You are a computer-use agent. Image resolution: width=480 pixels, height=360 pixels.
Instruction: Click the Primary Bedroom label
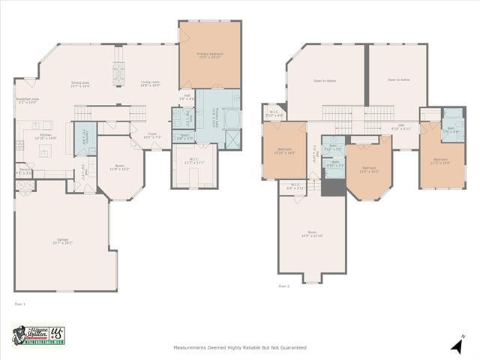pos(209,55)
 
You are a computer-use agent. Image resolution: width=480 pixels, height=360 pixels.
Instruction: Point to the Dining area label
pos(80,84)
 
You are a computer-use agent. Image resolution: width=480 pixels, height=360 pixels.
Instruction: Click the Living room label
pos(150,84)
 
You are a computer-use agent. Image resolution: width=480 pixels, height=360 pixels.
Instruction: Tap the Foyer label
pos(152,136)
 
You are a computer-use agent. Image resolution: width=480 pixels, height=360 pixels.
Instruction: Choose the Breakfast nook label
pos(27,100)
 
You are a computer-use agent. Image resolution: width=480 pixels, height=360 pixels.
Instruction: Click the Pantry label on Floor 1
pos(22,171)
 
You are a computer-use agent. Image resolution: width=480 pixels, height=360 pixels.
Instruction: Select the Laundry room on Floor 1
pos(84,138)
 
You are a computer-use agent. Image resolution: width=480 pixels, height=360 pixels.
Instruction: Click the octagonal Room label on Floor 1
pos(119,168)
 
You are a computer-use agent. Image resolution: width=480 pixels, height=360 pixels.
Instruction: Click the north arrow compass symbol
pos(457,345)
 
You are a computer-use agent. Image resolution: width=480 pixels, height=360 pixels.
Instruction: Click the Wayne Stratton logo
pos(38,335)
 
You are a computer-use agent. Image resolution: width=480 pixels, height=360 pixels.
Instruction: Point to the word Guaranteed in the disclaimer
pos(292,348)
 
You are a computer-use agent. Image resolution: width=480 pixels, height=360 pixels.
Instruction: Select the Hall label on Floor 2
pos(401,127)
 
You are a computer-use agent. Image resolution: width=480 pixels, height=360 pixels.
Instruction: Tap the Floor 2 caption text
pos(283,286)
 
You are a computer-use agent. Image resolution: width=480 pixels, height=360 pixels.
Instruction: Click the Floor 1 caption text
pos(19,304)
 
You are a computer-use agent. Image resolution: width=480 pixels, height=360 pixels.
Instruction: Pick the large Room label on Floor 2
pos(311,234)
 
